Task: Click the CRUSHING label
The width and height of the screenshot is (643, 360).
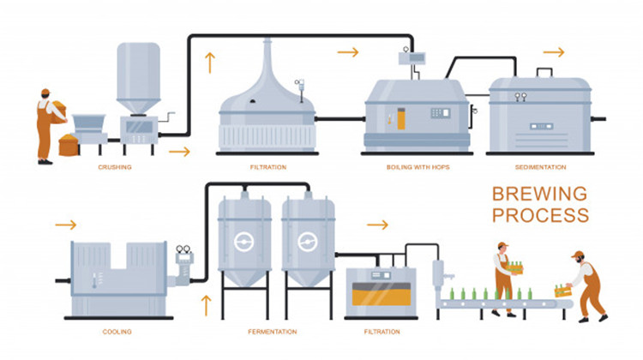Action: pyautogui.click(x=114, y=167)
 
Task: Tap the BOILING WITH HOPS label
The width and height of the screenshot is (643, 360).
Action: pyautogui.click(x=413, y=167)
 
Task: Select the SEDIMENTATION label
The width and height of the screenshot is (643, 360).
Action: pyautogui.click(x=539, y=167)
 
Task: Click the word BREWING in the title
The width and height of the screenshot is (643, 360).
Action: pyautogui.click(x=539, y=194)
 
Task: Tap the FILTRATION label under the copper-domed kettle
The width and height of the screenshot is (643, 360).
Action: pyautogui.click(x=267, y=167)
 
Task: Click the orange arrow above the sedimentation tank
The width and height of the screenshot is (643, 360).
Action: pyautogui.click(x=554, y=52)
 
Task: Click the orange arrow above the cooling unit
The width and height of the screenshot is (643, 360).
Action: pyautogui.click(x=65, y=225)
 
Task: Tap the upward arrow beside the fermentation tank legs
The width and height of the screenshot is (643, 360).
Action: pyautogui.click(x=205, y=303)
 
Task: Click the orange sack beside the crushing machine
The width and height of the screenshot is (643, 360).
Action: pyautogui.click(x=68, y=145)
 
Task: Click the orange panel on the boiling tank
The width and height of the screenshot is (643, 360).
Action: pyautogui.click(x=401, y=118)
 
